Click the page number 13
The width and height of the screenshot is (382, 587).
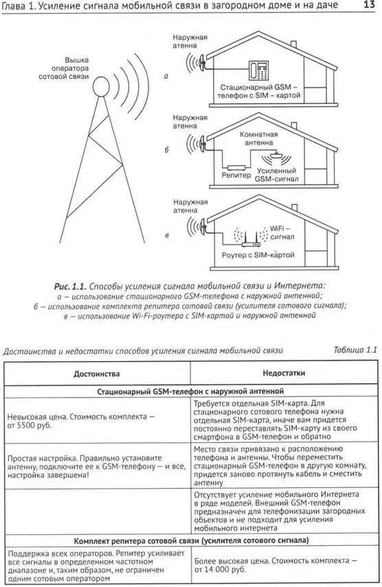(369, 5)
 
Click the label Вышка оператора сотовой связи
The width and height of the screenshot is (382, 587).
(64, 68)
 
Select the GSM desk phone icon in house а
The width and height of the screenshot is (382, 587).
(259, 71)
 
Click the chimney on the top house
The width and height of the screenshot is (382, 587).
(294, 44)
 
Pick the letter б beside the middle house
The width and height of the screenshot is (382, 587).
(167, 150)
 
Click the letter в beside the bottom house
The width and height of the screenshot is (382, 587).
(167, 235)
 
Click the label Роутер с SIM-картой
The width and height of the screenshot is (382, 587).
(258, 255)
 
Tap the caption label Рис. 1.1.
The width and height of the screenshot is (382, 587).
(70, 286)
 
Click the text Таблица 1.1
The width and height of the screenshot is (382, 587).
(355, 350)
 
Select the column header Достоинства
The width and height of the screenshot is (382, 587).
(97, 373)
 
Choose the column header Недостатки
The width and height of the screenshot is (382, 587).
(284, 373)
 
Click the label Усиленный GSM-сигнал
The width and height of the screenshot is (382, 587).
(277, 175)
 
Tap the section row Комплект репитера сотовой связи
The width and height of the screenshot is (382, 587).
(192, 540)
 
